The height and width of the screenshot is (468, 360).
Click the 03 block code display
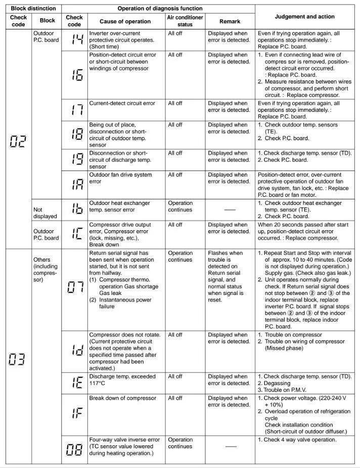coord(18,360)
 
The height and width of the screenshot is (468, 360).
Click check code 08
coord(74,450)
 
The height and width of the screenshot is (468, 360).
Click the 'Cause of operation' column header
coord(125,21)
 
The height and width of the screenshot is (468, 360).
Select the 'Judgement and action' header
coord(306,17)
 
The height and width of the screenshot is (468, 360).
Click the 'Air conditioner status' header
coord(185,21)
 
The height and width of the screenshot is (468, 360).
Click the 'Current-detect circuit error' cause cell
coord(122,103)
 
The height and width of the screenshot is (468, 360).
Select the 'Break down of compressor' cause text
coord(123,398)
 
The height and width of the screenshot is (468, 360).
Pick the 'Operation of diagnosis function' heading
coord(160,9)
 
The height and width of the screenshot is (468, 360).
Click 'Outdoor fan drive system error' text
coord(121,178)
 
